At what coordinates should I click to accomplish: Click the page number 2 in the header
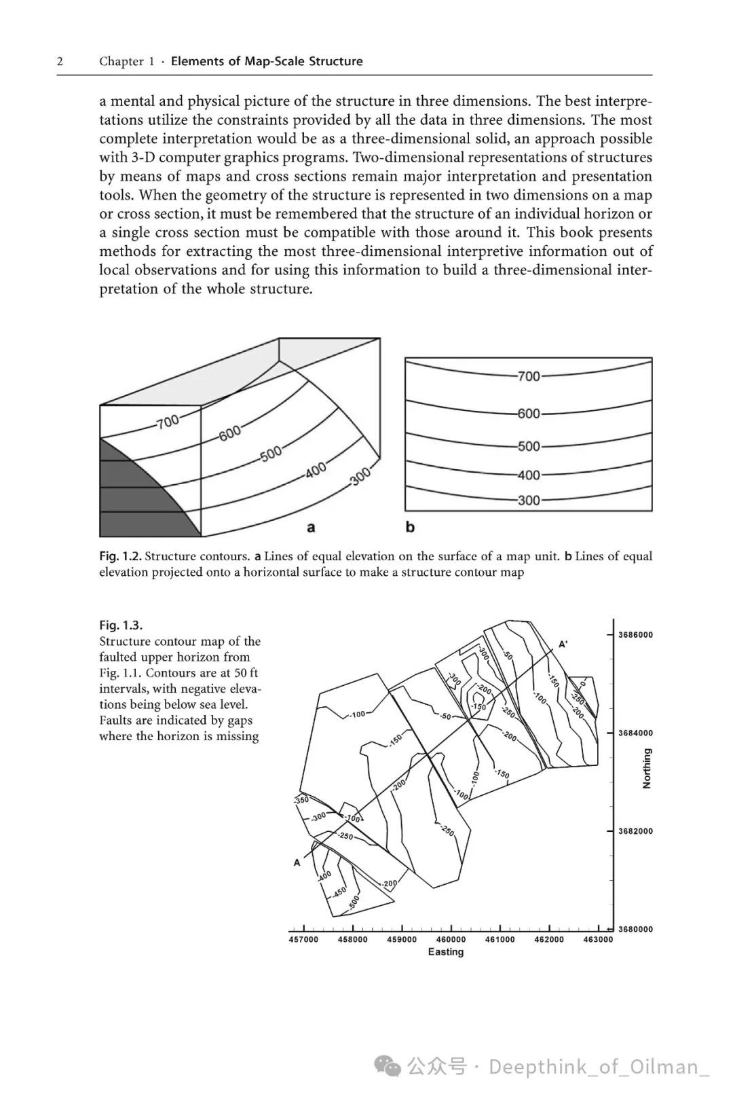pyautogui.click(x=60, y=61)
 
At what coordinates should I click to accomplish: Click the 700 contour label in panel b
pyautogui.click(x=529, y=376)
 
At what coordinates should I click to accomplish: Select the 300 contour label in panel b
pyautogui.click(x=529, y=500)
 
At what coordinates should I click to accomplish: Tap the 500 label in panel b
pyautogui.click(x=529, y=446)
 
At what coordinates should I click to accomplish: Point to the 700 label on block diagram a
pyautogui.click(x=168, y=422)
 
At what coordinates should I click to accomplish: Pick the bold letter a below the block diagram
pyautogui.click(x=311, y=527)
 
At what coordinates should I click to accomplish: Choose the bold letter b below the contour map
pyautogui.click(x=410, y=527)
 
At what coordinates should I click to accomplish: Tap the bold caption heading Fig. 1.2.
pyautogui.click(x=120, y=556)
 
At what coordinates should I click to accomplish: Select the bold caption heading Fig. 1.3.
pyautogui.click(x=121, y=625)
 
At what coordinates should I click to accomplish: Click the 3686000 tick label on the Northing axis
pyautogui.click(x=635, y=635)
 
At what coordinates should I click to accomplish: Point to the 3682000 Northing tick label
pyautogui.click(x=635, y=831)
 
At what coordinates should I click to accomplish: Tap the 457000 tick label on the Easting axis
pyautogui.click(x=303, y=940)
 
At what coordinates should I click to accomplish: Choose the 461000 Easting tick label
pyautogui.click(x=500, y=940)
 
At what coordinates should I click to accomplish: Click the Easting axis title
pyautogui.click(x=446, y=952)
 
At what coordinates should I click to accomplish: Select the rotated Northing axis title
pyautogui.click(x=647, y=769)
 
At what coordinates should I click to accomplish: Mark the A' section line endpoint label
pyautogui.click(x=563, y=644)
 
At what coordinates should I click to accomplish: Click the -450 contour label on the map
pyautogui.click(x=339, y=890)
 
